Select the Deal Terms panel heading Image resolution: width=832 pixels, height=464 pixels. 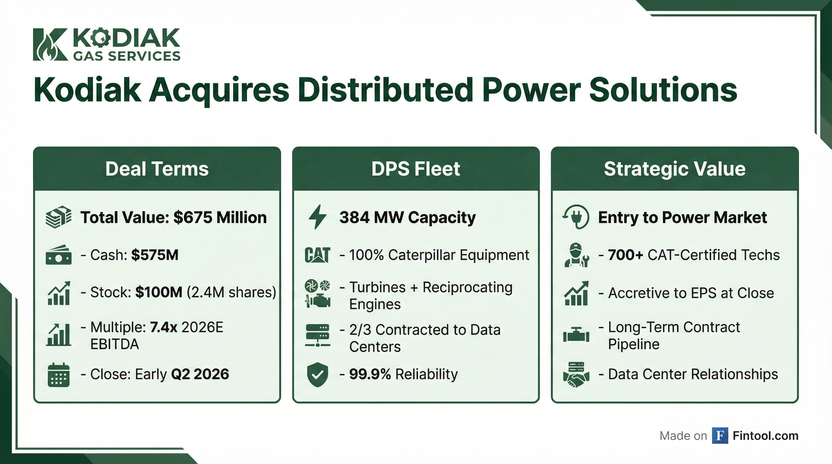(157, 169)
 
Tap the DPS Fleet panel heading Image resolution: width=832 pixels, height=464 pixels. (416, 169)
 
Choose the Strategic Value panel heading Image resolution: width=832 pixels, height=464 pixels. (675, 169)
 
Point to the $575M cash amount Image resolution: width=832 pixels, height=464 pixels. (155, 255)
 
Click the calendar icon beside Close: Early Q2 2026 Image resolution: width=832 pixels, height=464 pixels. (58, 375)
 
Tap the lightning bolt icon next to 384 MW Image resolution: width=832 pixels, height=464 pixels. (317, 217)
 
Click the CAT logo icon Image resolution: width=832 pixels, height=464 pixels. (317, 255)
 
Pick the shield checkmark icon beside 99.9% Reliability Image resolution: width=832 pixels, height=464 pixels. (317, 374)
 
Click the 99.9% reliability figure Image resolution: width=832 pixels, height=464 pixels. (370, 374)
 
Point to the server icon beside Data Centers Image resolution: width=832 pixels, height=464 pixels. (317, 335)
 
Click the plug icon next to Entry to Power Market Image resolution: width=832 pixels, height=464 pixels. (576, 217)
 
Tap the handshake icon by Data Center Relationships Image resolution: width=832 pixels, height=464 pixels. (576, 375)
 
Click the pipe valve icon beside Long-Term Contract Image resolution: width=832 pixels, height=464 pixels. (576, 336)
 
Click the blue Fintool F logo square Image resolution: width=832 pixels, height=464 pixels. (720, 436)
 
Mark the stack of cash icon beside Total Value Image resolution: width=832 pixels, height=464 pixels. (58, 217)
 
